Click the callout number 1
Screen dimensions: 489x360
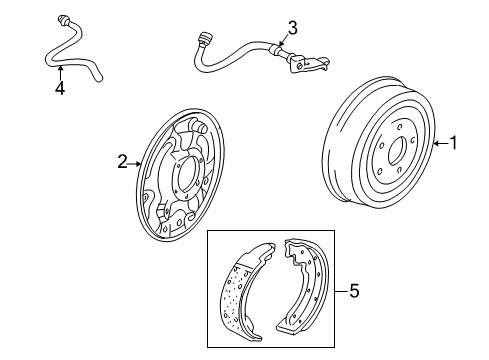(x=454, y=143)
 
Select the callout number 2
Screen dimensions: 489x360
(x=122, y=162)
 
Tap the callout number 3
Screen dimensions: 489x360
(x=292, y=28)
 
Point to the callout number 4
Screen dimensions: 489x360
(x=60, y=88)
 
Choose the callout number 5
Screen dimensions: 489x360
(x=354, y=291)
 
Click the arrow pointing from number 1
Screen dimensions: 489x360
(x=441, y=144)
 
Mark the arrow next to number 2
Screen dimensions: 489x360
(x=134, y=164)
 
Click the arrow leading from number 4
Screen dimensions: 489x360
(x=60, y=73)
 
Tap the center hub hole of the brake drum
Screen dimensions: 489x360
(x=397, y=151)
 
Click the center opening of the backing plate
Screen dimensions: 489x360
(x=186, y=174)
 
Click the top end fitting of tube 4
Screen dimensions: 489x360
(x=63, y=20)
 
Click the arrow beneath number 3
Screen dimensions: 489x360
(x=282, y=41)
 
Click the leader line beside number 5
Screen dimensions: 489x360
(x=341, y=291)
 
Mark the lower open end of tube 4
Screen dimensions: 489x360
(x=98, y=79)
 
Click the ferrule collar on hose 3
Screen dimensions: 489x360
(x=275, y=50)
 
